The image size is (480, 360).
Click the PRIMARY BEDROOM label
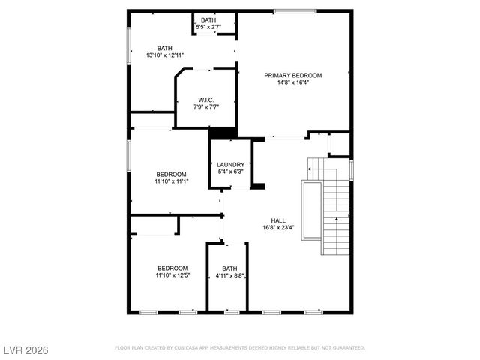point(292,76)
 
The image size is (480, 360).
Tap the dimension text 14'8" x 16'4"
point(292,83)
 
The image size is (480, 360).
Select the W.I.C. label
point(205,100)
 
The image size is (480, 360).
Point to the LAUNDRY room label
point(230,165)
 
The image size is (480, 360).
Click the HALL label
point(277,220)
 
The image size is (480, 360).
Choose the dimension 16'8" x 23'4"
point(277,228)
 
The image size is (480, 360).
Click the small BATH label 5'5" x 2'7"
point(208,20)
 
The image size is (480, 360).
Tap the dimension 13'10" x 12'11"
point(164,55)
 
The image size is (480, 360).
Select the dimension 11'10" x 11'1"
point(171,181)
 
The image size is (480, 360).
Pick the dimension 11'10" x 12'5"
point(172,276)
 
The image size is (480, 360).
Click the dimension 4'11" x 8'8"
point(229,276)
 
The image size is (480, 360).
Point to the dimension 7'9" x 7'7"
point(205,107)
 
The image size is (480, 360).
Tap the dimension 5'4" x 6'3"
point(230,172)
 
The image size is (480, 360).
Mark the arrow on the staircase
point(338,219)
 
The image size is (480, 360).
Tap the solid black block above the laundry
point(223,133)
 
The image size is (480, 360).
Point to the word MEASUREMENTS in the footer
point(234,348)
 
